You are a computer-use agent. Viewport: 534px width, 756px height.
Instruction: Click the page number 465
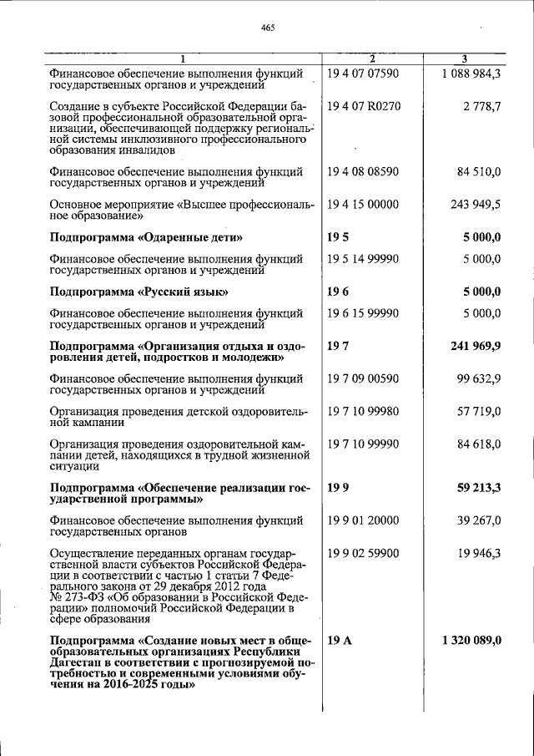267,28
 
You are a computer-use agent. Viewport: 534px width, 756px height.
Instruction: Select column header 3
464,58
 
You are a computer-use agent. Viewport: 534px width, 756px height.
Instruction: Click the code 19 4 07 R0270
364,107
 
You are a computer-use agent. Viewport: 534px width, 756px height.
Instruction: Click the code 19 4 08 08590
364,172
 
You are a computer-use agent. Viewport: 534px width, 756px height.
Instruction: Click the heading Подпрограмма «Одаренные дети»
146,237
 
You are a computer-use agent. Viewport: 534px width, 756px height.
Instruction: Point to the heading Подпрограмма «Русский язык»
139,292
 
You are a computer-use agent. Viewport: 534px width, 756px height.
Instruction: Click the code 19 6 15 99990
364,313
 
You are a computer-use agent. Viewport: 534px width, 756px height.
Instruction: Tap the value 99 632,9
479,378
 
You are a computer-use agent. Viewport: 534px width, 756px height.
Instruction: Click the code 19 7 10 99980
364,411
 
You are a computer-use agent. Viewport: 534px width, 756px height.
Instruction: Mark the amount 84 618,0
479,444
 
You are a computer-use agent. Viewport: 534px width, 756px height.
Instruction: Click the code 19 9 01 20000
364,520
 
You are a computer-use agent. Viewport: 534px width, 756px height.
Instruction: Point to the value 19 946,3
479,553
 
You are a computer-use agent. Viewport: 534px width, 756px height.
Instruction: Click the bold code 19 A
335,640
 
